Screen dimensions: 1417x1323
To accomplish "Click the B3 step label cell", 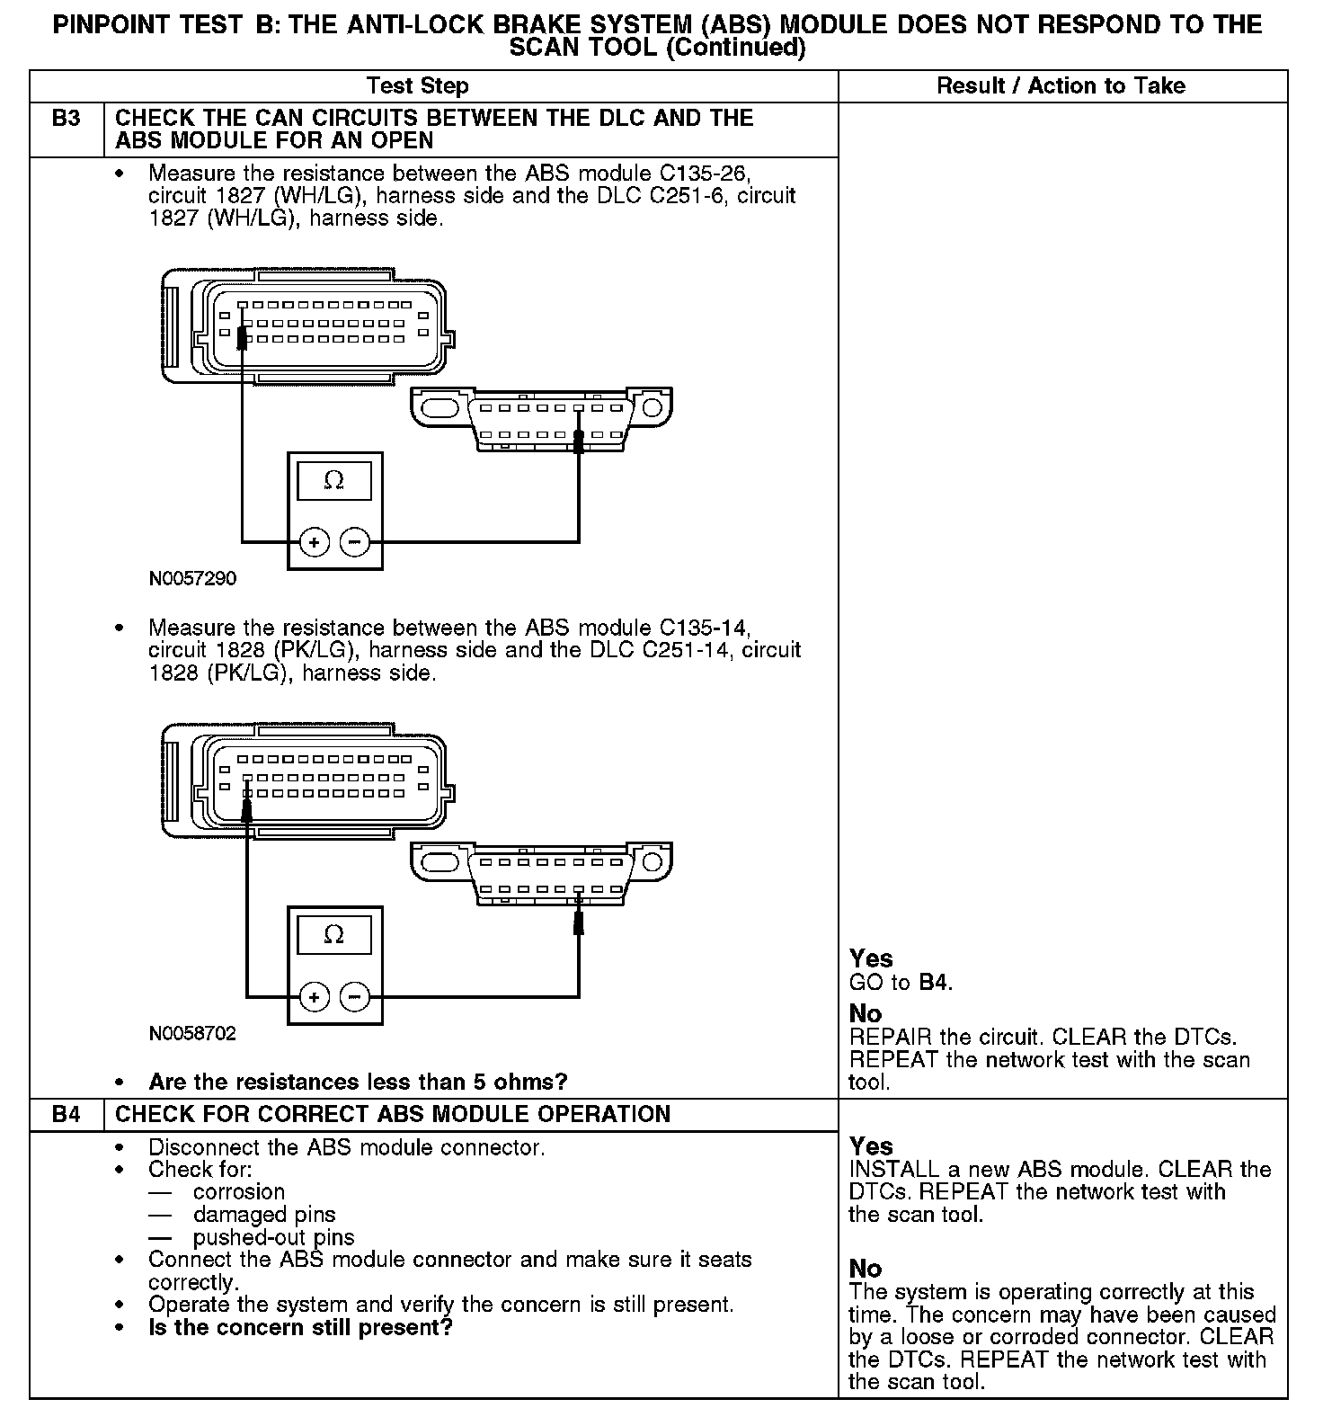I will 67,119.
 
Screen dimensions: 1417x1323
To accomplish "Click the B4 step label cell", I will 67,1114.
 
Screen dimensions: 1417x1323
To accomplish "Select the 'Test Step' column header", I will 417,86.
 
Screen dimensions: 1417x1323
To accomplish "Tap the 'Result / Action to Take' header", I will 1061,86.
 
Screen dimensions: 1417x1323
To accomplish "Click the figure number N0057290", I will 193,578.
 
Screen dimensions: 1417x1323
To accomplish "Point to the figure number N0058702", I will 193,1033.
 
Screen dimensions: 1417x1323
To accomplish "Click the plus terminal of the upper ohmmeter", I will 314,542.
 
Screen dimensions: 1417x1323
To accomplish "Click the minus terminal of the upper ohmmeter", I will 356,542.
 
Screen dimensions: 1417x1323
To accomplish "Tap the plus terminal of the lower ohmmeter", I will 314,997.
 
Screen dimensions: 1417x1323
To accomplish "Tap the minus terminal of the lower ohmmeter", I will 356,997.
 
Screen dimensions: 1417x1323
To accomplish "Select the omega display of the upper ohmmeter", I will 333,481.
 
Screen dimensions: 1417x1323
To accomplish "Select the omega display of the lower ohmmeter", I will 333,935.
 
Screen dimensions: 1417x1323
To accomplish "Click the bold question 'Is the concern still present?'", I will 300,1327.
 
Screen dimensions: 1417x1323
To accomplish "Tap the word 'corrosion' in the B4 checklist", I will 239,1192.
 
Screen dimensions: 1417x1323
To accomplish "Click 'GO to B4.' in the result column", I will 901,983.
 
